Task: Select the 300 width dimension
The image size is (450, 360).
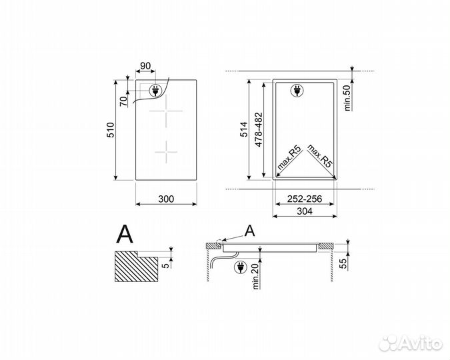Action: (x=167, y=199)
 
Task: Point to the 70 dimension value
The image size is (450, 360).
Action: (x=123, y=102)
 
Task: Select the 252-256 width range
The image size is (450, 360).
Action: (x=305, y=199)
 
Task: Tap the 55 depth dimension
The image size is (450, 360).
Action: (x=345, y=264)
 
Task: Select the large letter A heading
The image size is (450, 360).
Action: (x=125, y=233)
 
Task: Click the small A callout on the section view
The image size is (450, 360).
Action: (x=249, y=231)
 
